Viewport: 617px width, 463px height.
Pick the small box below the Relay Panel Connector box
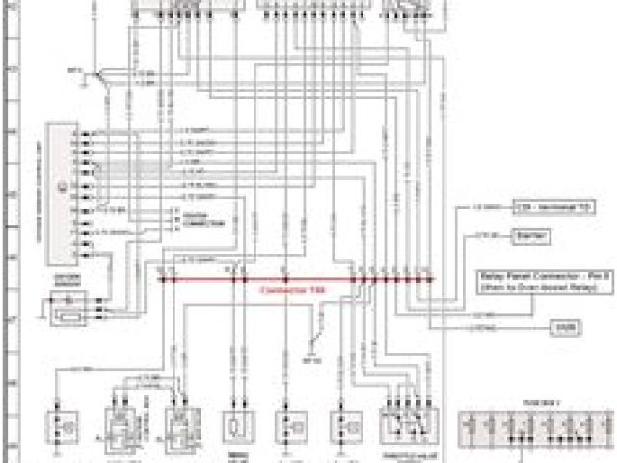click(x=564, y=328)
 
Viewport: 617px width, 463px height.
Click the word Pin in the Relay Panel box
click(x=561, y=275)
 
